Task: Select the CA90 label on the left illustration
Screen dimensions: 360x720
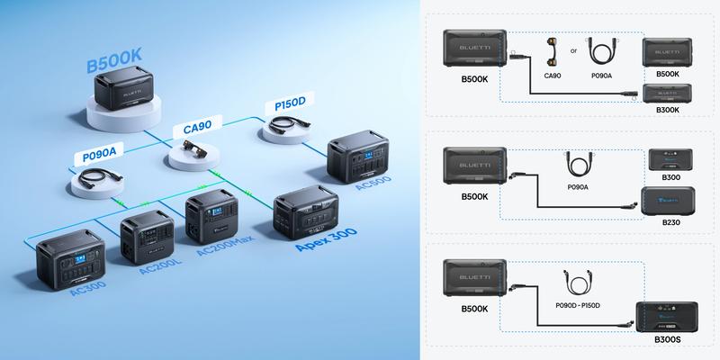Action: click(x=197, y=129)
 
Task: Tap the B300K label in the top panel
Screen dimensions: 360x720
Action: click(x=668, y=110)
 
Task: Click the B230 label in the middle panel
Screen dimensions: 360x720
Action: click(x=670, y=221)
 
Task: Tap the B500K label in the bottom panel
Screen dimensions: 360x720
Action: click(x=473, y=309)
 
